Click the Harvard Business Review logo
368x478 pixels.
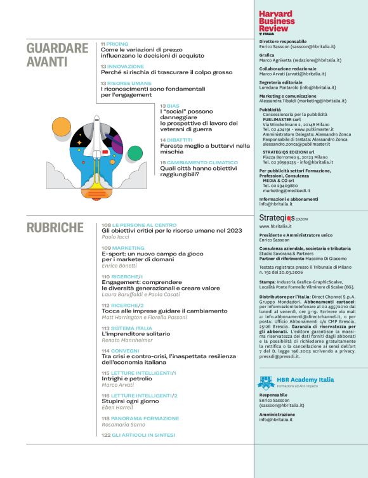tap(277, 22)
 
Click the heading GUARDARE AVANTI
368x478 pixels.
tap(57, 55)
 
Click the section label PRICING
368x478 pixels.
tap(117, 44)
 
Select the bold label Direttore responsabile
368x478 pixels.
tap(283, 41)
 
